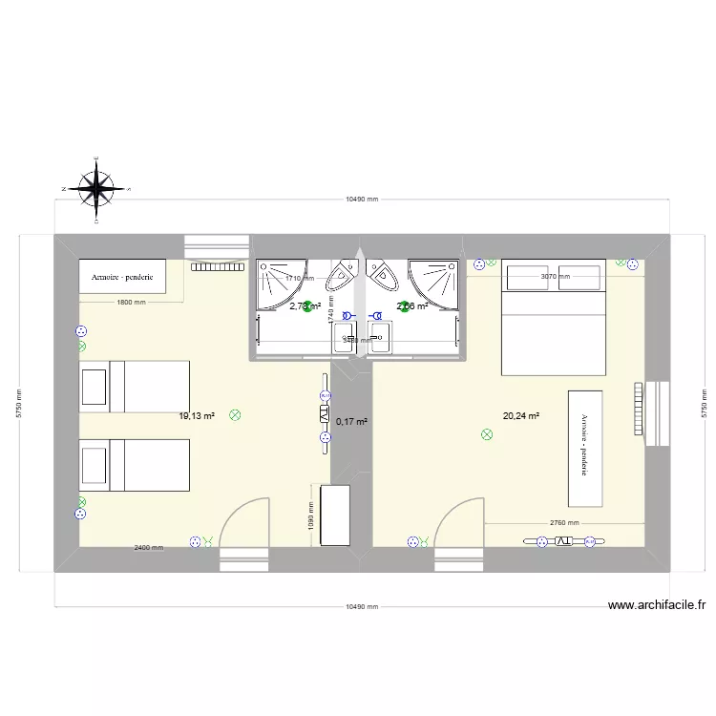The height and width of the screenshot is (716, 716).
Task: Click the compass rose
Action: [x=95, y=188]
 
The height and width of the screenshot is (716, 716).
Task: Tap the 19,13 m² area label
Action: [x=197, y=416]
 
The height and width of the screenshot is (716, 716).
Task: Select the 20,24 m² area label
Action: [x=521, y=415]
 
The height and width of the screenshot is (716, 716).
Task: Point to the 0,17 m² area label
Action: [x=352, y=421]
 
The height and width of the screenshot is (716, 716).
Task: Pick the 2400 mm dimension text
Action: [x=148, y=548]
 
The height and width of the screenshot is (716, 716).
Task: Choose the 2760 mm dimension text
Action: [x=564, y=523]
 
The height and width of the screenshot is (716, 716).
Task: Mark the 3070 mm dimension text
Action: [x=555, y=277]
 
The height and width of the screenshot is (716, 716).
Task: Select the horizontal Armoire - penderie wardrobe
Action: [x=122, y=277]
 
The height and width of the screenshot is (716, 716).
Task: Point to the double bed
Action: [x=554, y=317]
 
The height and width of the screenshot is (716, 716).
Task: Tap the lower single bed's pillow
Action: [x=94, y=466]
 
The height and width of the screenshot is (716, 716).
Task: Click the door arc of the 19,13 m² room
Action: [x=243, y=520]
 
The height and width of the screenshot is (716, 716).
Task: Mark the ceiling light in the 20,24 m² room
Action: [x=487, y=435]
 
